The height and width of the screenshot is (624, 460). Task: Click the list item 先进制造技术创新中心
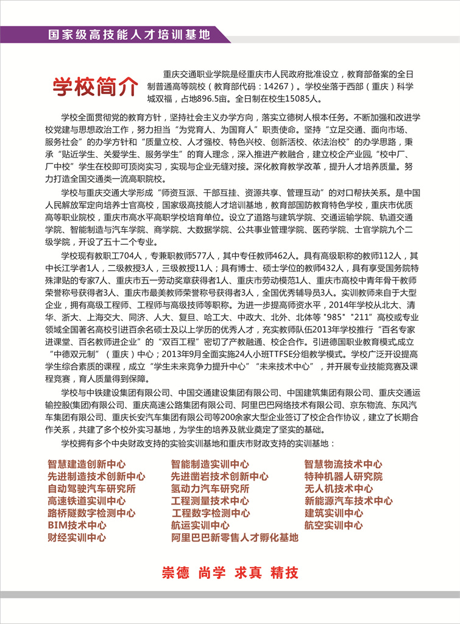(96, 476)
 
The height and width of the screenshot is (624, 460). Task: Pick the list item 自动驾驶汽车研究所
(91, 489)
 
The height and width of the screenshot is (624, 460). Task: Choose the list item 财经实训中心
(77, 537)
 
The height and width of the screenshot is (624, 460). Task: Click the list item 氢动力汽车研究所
(210, 489)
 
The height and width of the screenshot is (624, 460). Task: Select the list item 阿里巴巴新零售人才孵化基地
(235, 537)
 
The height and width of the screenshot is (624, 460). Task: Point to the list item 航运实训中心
(200, 525)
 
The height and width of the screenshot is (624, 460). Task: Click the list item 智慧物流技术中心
(344, 464)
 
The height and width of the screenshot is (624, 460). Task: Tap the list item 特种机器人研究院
(344, 476)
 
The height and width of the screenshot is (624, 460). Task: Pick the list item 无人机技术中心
(339, 489)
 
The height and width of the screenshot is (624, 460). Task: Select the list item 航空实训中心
(334, 525)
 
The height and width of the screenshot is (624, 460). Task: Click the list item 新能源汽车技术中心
(349, 501)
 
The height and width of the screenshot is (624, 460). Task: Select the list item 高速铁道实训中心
(87, 501)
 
